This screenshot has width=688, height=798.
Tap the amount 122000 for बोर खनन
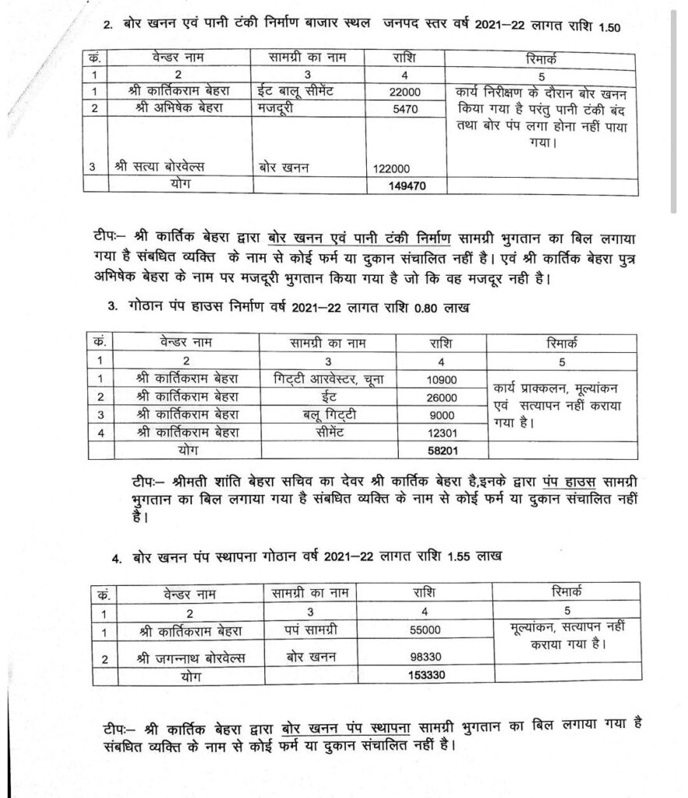[x=397, y=167]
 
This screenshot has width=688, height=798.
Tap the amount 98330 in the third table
[x=425, y=658]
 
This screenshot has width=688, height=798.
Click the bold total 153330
[x=425, y=676]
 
